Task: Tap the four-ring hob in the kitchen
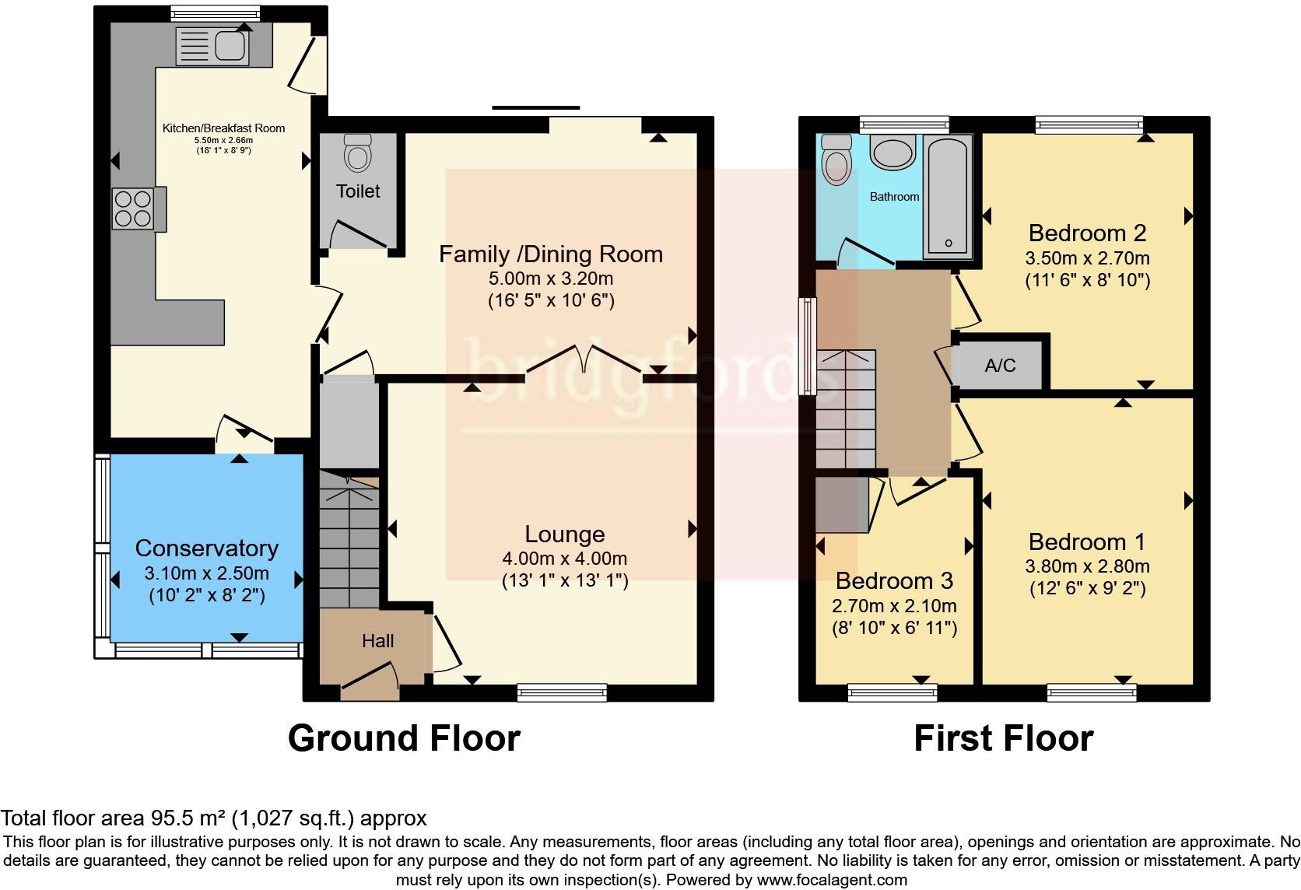(x=133, y=208)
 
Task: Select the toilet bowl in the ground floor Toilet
(x=357, y=153)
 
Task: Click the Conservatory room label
(x=206, y=548)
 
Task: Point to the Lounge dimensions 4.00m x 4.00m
(x=564, y=559)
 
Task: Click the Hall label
(x=377, y=641)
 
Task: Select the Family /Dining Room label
(x=550, y=254)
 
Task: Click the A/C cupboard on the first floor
(x=1000, y=365)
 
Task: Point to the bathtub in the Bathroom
(x=948, y=196)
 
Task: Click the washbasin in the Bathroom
(x=892, y=152)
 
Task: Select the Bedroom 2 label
(x=1087, y=233)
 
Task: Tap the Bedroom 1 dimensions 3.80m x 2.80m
(x=1087, y=566)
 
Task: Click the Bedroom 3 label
(x=894, y=581)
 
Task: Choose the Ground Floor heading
(x=404, y=738)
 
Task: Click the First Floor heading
(x=1003, y=738)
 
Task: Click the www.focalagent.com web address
(x=832, y=881)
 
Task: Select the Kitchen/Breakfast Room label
(x=223, y=128)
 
